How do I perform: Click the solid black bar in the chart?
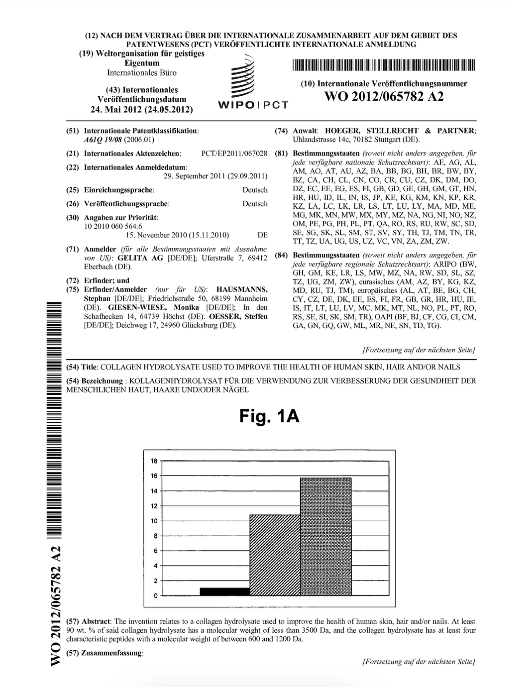click(x=224, y=591)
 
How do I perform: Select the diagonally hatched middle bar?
click(x=275, y=554)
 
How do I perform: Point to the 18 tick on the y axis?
click(x=154, y=461)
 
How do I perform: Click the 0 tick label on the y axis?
click(x=155, y=596)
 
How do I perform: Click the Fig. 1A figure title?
click(x=269, y=417)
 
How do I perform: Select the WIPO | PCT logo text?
click(x=253, y=105)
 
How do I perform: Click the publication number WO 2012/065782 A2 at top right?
click(x=384, y=96)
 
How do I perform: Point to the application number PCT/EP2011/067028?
click(x=234, y=154)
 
